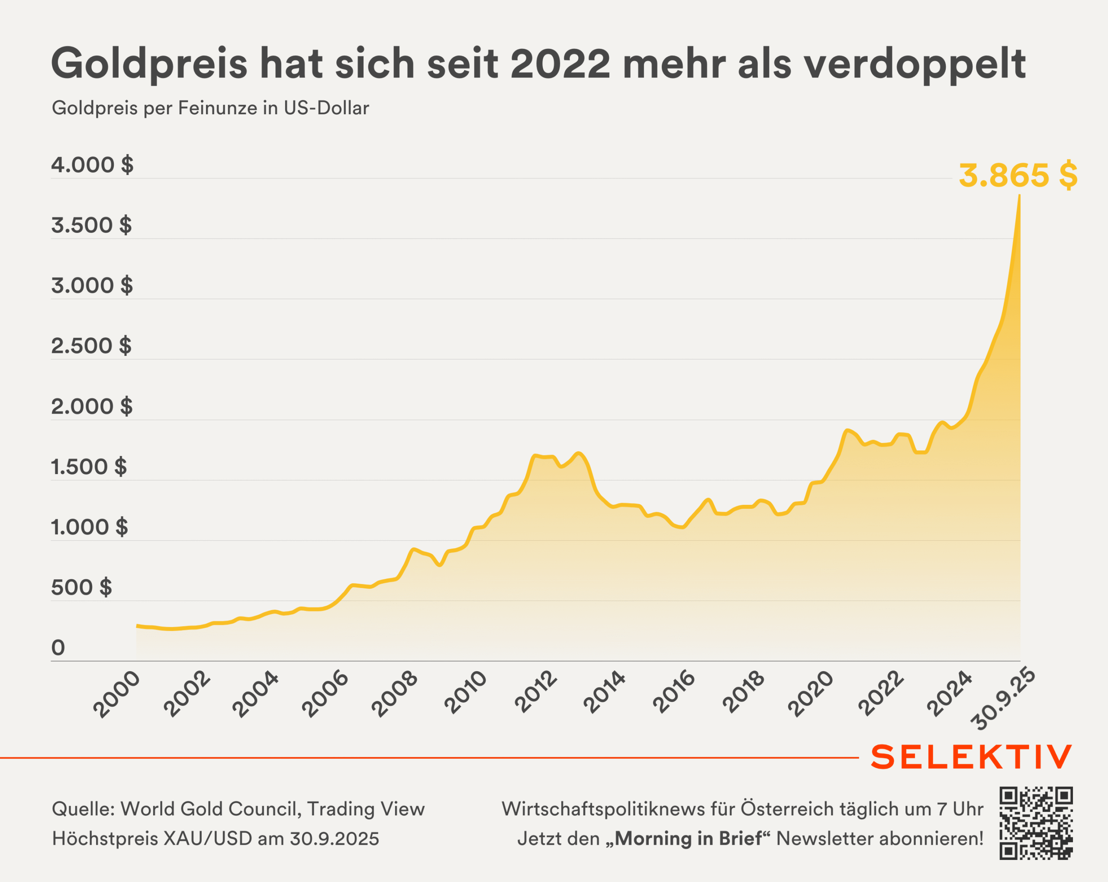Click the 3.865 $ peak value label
coord(1018,176)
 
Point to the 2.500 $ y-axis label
coord(91,346)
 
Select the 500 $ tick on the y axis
coord(81,588)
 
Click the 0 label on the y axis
coord(58,648)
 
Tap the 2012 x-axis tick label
coord(536,692)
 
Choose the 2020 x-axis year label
coord(811,694)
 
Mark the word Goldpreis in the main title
coord(149,64)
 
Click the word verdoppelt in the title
coord(915,64)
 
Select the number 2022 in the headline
coord(560,63)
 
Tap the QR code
coord(1036,823)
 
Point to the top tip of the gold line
coord(1020,196)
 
